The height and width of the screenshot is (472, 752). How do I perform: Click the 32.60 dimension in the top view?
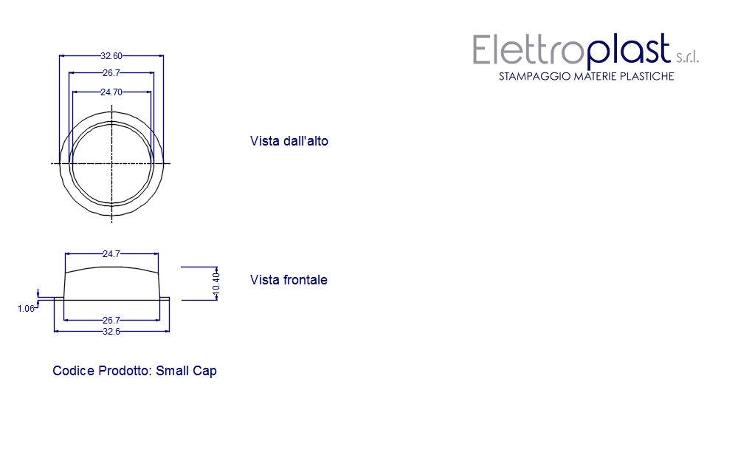111,55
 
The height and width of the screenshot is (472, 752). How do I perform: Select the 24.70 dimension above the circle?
111,92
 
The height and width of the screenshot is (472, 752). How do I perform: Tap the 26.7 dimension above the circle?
111,73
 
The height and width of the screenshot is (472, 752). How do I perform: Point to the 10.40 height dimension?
216,284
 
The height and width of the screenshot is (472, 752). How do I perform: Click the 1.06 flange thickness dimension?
26,309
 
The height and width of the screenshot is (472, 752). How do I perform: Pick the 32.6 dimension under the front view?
111,332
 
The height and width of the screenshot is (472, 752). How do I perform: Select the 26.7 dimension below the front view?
111,320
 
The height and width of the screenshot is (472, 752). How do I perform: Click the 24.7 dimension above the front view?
111,254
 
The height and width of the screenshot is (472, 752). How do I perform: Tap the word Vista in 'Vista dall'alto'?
264,141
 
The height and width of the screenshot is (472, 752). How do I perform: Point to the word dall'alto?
305,141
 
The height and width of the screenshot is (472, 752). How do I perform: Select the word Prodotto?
125,371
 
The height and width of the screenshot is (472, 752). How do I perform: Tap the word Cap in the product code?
205,371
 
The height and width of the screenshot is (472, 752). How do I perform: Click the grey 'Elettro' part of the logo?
521,50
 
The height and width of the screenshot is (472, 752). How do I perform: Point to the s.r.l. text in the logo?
687,58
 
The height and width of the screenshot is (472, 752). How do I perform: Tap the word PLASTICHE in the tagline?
646,77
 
